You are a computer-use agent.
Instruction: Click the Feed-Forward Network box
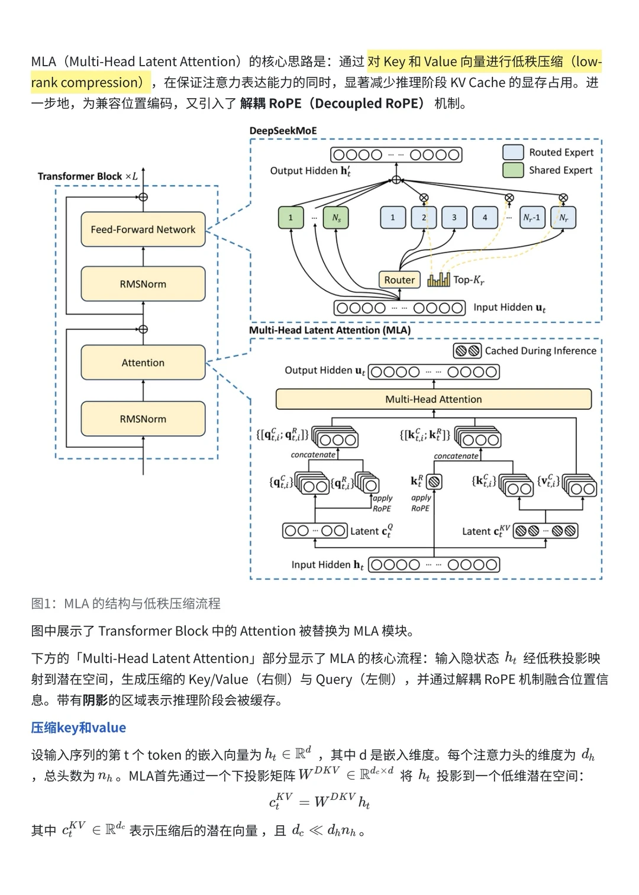tap(143, 230)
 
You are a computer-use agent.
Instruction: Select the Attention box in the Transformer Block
tap(143, 363)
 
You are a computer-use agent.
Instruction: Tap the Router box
tap(399, 280)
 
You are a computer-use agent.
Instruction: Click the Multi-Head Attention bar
tap(433, 399)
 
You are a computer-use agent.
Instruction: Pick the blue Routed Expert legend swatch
tap(513, 152)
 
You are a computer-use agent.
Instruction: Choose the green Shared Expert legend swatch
tap(513, 170)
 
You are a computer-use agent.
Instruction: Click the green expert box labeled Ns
tap(336, 218)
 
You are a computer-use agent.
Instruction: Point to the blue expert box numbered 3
tap(454, 218)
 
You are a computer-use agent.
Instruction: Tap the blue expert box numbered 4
tap(485, 218)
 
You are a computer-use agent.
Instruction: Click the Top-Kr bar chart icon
tap(438, 279)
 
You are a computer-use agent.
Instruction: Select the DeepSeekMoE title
tap(283, 131)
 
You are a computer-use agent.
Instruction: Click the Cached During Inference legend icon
tap(467, 351)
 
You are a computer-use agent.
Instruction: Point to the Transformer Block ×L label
tap(88, 176)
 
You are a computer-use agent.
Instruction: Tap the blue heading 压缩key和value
tap(79, 728)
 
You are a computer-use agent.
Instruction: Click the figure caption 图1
tap(125, 603)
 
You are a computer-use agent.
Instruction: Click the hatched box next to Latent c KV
tap(545, 531)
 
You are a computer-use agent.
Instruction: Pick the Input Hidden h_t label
tap(327, 565)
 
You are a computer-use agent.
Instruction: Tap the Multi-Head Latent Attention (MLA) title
tap(330, 330)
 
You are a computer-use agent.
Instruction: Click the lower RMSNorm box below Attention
tap(143, 419)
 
